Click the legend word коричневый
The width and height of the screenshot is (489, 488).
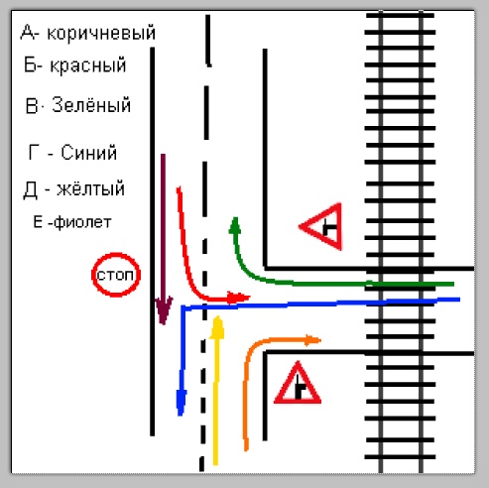(101, 34)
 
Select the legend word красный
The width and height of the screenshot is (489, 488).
(88, 64)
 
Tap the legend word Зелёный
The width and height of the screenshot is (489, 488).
(91, 105)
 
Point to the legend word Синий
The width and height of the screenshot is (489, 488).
(89, 153)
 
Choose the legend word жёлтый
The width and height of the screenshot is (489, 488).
(90, 188)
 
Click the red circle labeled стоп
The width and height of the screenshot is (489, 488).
(116, 275)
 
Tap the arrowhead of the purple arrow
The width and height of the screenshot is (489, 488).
(164, 309)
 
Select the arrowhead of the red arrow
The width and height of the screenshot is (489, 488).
(238, 298)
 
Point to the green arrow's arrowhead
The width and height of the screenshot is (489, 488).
(235, 225)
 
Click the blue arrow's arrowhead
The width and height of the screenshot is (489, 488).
(181, 403)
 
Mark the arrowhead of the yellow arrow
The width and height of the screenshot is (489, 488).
(217, 327)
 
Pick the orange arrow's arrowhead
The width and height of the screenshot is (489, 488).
(312, 340)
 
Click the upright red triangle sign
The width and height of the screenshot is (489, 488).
(298, 384)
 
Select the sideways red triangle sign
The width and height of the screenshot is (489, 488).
(321, 227)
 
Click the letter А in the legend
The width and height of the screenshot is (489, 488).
(28, 33)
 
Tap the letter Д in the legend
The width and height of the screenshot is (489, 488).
(30, 189)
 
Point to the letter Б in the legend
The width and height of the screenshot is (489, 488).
(31, 64)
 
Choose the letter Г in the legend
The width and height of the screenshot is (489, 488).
(34, 153)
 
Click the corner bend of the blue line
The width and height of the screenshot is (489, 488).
(183, 308)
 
